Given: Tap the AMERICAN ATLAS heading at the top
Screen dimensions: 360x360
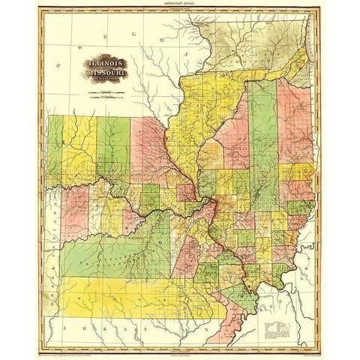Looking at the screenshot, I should (179, 4).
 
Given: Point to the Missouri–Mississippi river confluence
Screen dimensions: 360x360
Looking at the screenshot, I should (212, 201).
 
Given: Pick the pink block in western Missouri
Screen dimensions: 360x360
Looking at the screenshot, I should (75, 210).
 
